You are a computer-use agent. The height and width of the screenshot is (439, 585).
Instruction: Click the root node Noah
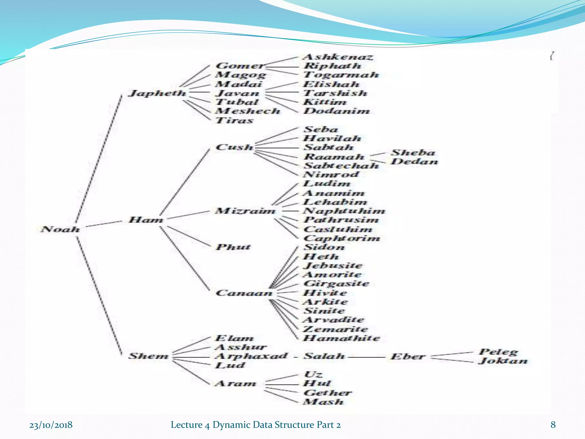pyautogui.click(x=60, y=229)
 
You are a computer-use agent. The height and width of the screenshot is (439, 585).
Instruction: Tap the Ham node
pyautogui.click(x=146, y=220)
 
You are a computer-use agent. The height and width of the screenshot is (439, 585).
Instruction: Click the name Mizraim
pyautogui.click(x=245, y=211)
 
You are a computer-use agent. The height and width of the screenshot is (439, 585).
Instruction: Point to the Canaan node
pyautogui.click(x=244, y=293)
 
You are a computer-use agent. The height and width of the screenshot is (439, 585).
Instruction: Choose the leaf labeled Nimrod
pyautogui.click(x=331, y=174)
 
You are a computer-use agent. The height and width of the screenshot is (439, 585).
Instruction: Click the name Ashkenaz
pyautogui.click(x=338, y=57)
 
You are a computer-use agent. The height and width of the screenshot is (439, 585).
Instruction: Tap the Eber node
pyautogui.click(x=408, y=356)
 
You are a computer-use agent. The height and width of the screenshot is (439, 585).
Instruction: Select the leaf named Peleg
pyautogui.click(x=498, y=352)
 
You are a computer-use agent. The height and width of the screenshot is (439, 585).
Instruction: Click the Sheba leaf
pyautogui.click(x=413, y=153)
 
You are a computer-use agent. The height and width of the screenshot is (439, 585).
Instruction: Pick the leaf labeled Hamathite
pyautogui.click(x=342, y=338)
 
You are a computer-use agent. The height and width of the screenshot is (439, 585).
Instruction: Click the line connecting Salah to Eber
pyautogui.click(x=367, y=357)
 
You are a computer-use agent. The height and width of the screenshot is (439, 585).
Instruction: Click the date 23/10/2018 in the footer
pyautogui.click(x=51, y=425)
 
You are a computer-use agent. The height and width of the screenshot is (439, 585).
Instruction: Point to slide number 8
pyautogui.click(x=553, y=425)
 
